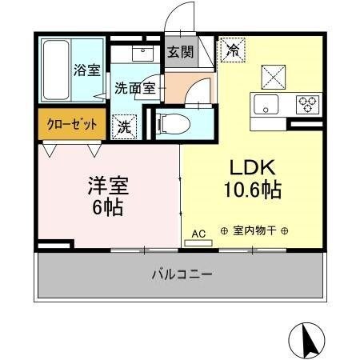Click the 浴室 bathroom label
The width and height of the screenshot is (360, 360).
(x=87, y=70)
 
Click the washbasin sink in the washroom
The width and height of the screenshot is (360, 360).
(x=143, y=54)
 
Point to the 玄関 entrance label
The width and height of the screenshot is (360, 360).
(x=180, y=53)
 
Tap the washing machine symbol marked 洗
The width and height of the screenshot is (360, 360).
(x=126, y=125)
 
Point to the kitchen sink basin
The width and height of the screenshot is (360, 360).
(x=266, y=103)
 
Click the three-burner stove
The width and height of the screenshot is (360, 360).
(x=306, y=102)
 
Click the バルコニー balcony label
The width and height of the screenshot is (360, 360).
(x=182, y=275)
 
